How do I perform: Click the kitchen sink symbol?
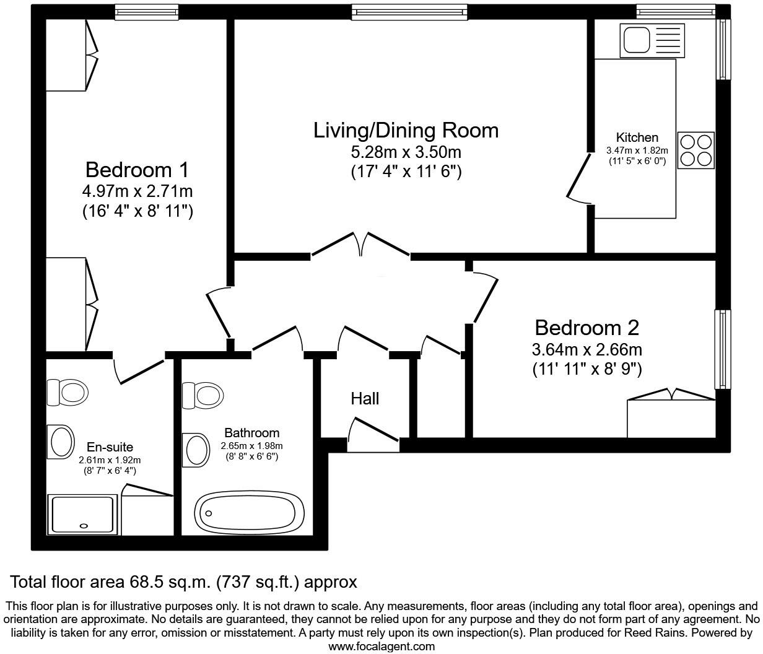point(653,41)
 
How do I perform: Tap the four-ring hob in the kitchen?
point(696,150)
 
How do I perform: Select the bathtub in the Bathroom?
point(249,512)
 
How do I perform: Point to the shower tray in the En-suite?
point(82,515)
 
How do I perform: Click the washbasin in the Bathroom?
point(196,448)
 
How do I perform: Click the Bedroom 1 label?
point(137,170)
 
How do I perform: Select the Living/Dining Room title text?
point(406,131)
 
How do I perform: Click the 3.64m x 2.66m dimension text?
point(586,349)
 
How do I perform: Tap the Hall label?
point(365,399)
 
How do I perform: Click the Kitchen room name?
point(637,137)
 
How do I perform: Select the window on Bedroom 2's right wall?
point(722,349)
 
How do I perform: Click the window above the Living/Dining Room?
point(409,12)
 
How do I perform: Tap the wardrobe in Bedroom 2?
point(671,417)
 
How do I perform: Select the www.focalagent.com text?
point(381,647)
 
